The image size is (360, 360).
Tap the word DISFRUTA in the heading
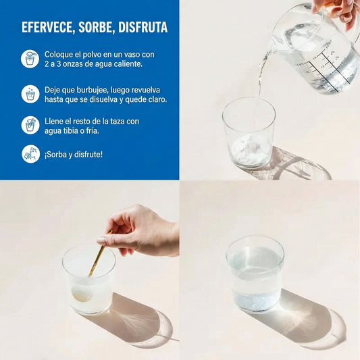pyautogui.click(x=143, y=27)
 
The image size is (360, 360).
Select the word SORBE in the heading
pyautogui.click(x=97, y=27)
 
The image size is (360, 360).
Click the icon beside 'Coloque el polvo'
pyautogui.click(x=30, y=59)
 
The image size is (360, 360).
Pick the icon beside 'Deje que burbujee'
pyautogui.click(x=30, y=94)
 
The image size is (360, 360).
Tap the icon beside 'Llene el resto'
pyautogui.click(x=30, y=125)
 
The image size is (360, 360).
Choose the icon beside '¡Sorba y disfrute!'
pyautogui.click(x=31, y=154)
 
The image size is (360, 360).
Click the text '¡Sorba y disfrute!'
pyautogui.click(x=74, y=155)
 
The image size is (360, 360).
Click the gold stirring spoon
pyautogui.click(x=100, y=253)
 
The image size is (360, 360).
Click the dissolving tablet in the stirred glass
pyautogui.click(x=82, y=294)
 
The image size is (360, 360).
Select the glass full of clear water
pyautogui.click(x=255, y=274)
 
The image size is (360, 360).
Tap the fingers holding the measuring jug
pyautogui.click(x=336, y=12)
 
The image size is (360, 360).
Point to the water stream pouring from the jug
pyautogui.click(x=262, y=76)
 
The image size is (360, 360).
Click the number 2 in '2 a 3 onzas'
pyautogui.click(x=47, y=64)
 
